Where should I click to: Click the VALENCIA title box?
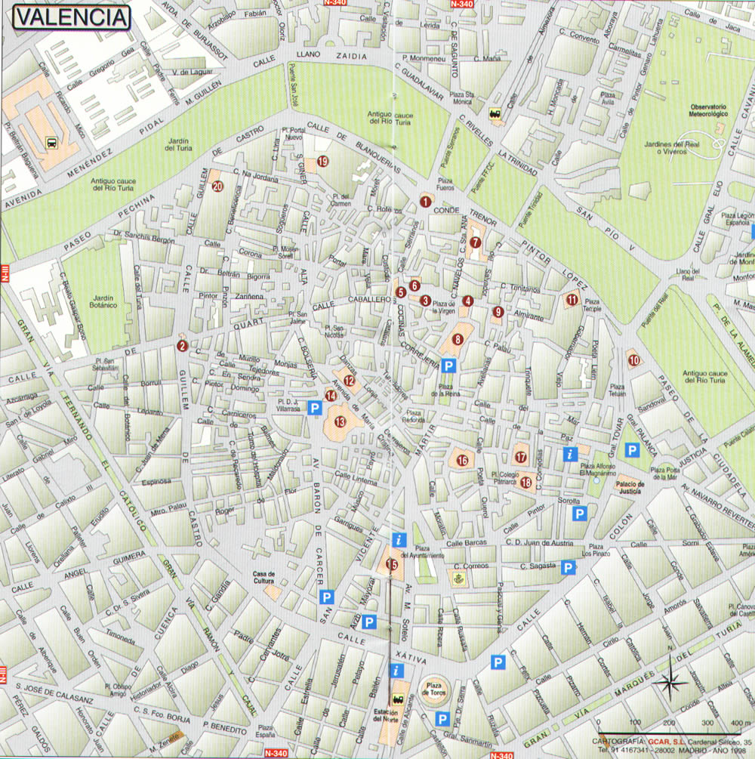pyautogui.click(x=70, y=17)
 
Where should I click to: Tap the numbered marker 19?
pyautogui.click(x=322, y=161)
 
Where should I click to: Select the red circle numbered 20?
pyautogui.click(x=217, y=187)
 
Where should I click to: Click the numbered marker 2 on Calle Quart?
pyautogui.click(x=181, y=347)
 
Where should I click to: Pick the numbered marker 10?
pyautogui.click(x=634, y=360)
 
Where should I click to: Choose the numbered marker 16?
pyautogui.click(x=462, y=460)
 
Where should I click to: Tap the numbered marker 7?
pyautogui.click(x=475, y=242)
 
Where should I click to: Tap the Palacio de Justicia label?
pyautogui.click(x=629, y=488)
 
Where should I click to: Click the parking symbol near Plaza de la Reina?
pyautogui.click(x=448, y=366)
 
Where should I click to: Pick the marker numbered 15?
pyautogui.click(x=391, y=563)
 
